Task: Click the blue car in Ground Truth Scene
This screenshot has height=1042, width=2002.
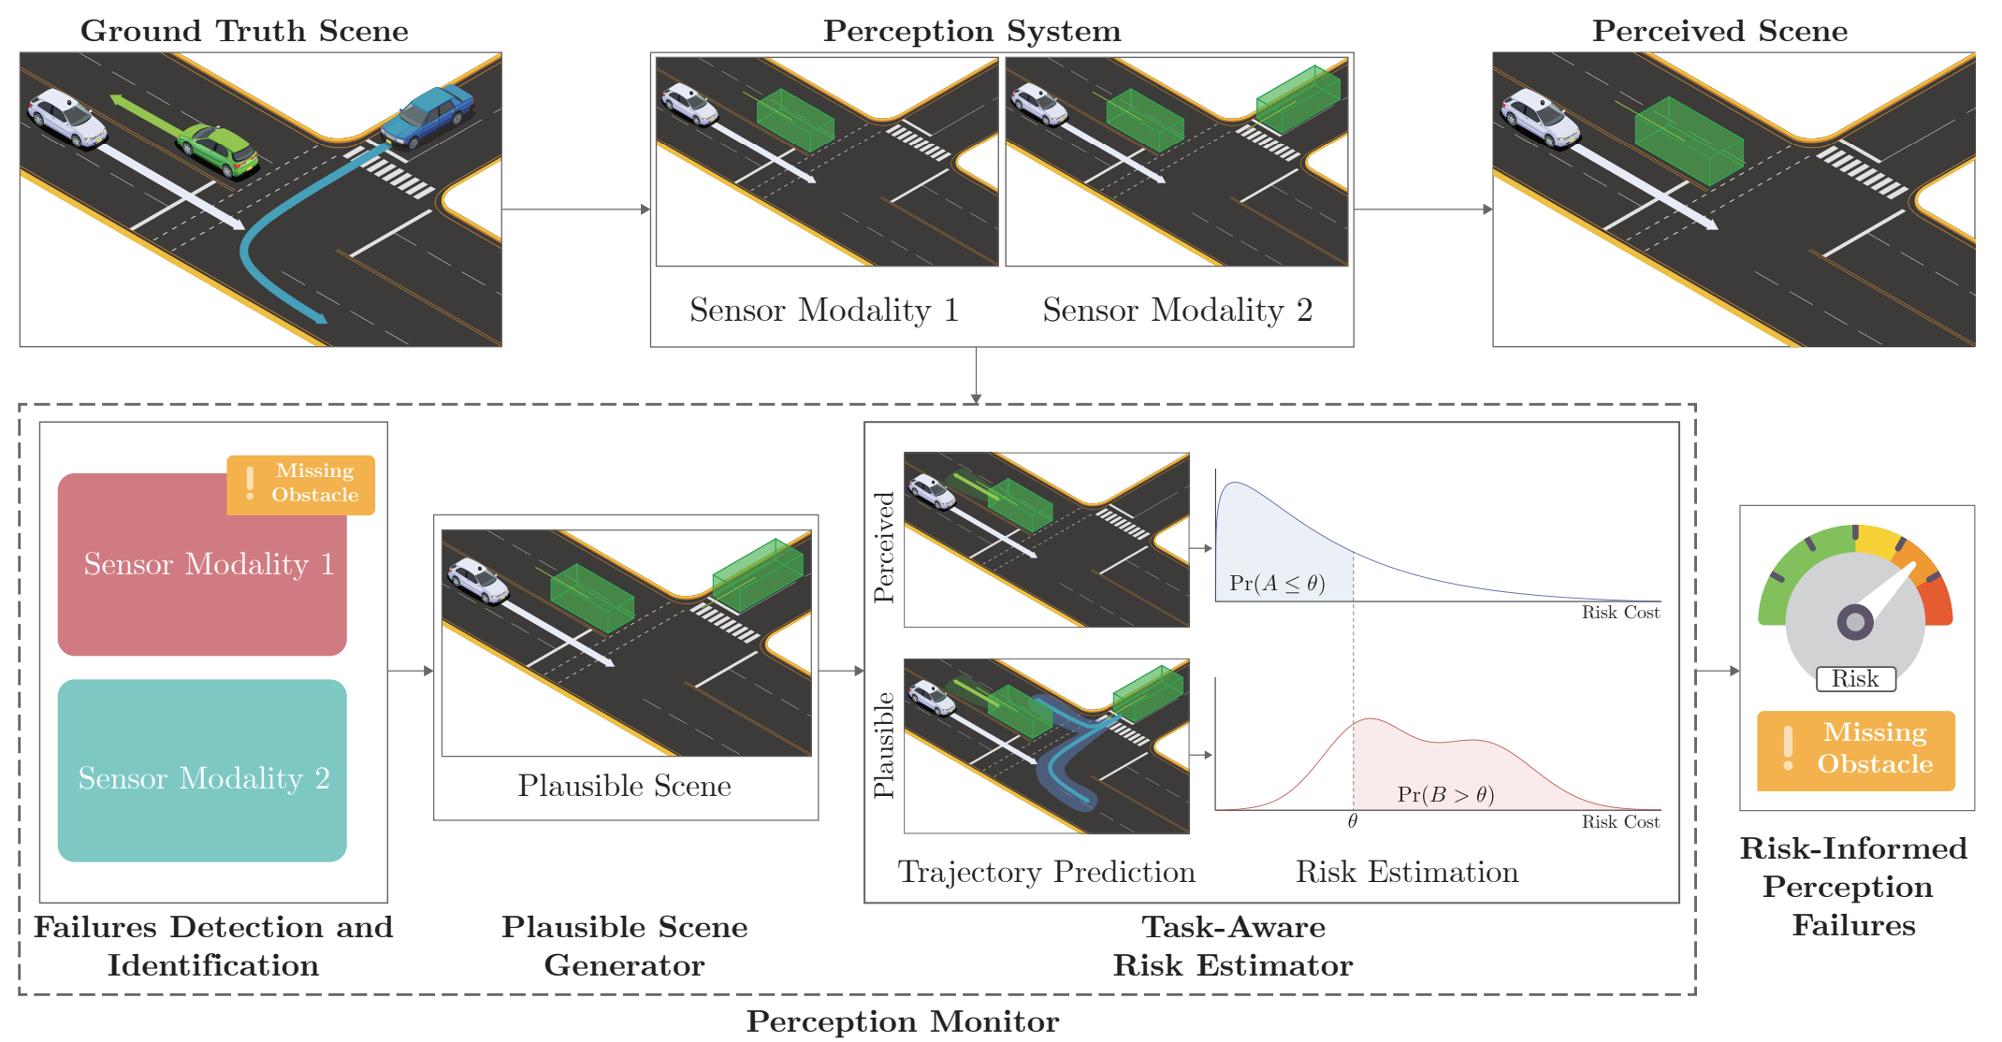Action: coord(428,116)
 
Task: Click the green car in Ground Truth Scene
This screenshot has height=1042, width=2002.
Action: coord(218,149)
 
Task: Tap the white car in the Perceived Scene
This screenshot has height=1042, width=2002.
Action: coord(1539,118)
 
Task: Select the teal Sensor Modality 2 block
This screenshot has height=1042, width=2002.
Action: coord(202,770)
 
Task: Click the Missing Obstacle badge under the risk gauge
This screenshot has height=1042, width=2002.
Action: coord(1856,749)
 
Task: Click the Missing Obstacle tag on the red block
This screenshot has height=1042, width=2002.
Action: coord(300,484)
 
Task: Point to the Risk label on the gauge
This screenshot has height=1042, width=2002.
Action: coord(1855,679)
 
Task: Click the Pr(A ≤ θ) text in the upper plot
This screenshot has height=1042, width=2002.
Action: coord(1277,584)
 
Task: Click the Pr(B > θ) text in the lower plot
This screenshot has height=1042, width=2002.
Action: coord(1445,795)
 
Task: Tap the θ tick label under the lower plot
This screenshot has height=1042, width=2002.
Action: coord(1352,821)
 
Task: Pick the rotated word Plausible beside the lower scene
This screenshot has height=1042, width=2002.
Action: coord(884,745)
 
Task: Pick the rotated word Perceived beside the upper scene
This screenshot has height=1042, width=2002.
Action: coord(884,546)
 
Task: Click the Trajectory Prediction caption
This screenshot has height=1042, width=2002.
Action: coord(1046,872)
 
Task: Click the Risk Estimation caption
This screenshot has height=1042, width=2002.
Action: coord(1407,872)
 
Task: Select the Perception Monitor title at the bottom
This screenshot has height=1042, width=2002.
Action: coord(903,1021)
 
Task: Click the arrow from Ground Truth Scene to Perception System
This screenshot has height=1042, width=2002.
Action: coord(575,209)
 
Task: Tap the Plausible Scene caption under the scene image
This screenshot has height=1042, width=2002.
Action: coord(624,786)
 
